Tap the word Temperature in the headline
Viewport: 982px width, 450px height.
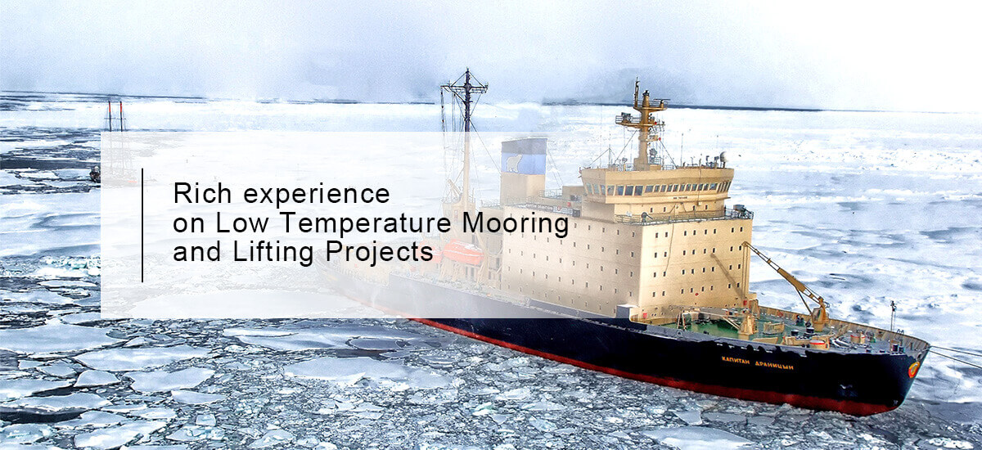(365, 223)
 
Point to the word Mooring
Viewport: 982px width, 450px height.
(516, 224)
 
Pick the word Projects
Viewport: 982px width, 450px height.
(379, 253)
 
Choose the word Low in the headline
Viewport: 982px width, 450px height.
(241, 223)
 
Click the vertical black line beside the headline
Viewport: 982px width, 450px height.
(142, 225)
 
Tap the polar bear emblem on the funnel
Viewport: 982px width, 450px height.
(516, 163)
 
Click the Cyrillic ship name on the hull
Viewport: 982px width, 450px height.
(757, 362)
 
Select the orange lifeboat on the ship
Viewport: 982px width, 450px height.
(463, 252)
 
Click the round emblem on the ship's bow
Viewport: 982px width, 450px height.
(913, 369)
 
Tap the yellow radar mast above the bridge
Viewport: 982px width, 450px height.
(643, 125)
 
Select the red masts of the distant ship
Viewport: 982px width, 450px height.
(115, 116)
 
